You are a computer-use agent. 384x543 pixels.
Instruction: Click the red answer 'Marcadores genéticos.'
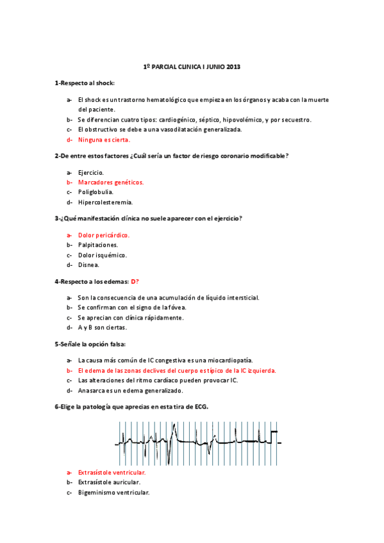pyautogui.click(x=110, y=182)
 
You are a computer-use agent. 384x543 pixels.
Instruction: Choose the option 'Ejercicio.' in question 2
pyautogui.click(x=90, y=172)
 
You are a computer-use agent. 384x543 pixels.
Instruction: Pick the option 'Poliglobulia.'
pyautogui.click(x=96, y=191)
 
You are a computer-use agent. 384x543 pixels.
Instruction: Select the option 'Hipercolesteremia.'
pyautogui.click(x=104, y=202)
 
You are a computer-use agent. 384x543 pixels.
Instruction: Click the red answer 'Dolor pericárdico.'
pyautogui.click(x=103, y=235)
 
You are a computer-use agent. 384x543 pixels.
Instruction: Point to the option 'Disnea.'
pyautogui.click(x=88, y=264)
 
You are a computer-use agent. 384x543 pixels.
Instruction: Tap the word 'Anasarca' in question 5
pyautogui.click(x=90, y=390)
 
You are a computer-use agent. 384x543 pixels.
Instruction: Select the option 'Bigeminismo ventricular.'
pyautogui.click(x=113, y=492)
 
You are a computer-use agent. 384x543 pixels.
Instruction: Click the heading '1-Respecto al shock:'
pyautogui.click(x=85, y=83)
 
